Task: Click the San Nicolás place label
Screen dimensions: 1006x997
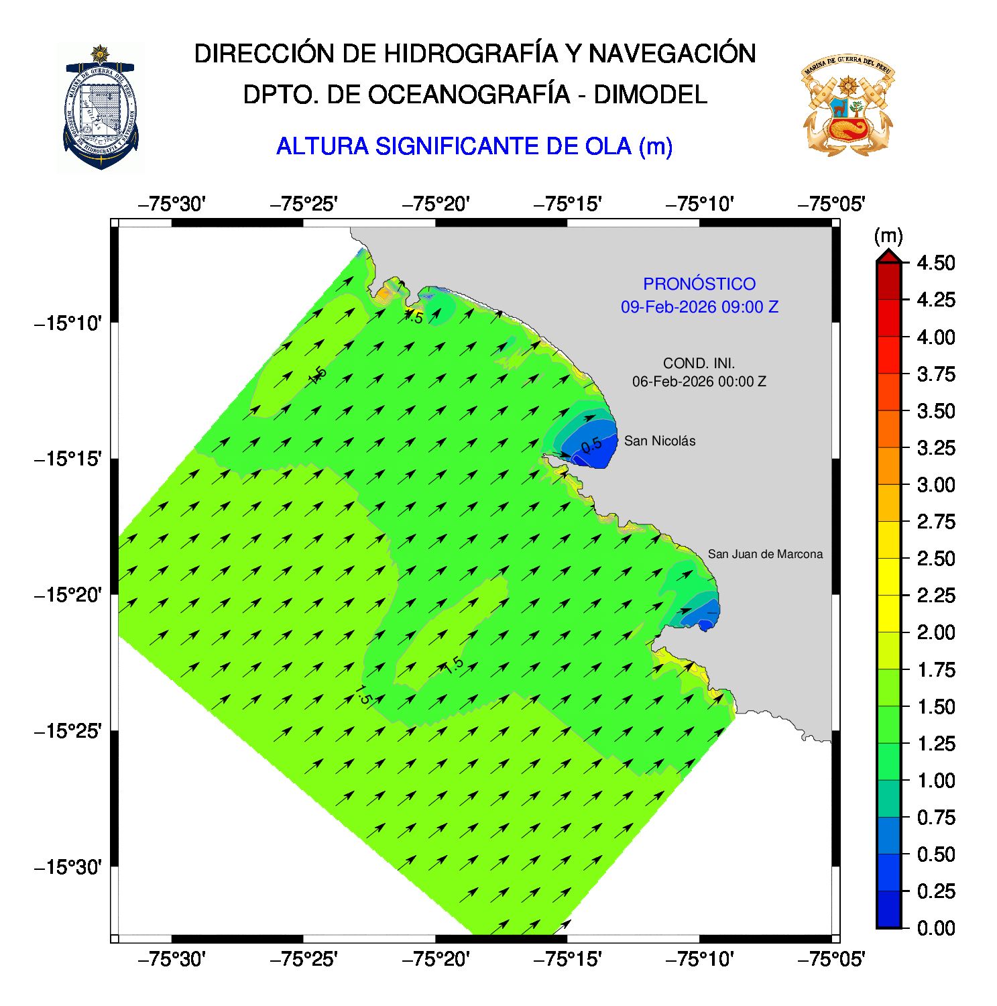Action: click(x=659, y=441)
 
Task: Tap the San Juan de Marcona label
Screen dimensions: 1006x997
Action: click(x=764, y=554)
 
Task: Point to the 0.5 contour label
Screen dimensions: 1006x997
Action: click(x=591, y=445)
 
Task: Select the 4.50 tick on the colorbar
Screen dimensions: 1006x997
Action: click(x=935, y=263)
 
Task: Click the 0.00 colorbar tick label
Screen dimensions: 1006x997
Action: click(x=935, y=928)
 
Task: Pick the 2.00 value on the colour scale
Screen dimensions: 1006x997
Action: click(x=935, y=632)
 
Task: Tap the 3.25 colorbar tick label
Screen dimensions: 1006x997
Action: click(x=935, y=448)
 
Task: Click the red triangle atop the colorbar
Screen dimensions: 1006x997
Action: click(x=888, y=256)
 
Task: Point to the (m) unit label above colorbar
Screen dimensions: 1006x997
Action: click(x=888, y=236)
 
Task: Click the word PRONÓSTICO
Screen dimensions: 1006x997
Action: click(x=699, y=284)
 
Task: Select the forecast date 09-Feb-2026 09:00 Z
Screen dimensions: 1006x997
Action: click(x=699, y=307)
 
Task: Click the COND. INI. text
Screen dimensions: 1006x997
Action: click(x=699, y=364)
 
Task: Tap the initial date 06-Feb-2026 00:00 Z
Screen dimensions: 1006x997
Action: click(x=699, y=382)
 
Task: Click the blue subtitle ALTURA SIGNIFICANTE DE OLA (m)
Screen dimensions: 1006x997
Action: click(x=474, y=146)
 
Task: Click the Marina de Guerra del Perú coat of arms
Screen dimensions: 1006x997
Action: click(x=847, y=106)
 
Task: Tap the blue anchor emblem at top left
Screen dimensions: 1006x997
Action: click(x=101, y=107)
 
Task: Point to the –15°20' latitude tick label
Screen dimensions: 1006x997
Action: click(x=68, y=595)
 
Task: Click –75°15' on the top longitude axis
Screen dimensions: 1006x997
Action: click(x=567, y=204)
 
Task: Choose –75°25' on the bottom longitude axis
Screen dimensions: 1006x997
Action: click(x=304, y=960)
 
